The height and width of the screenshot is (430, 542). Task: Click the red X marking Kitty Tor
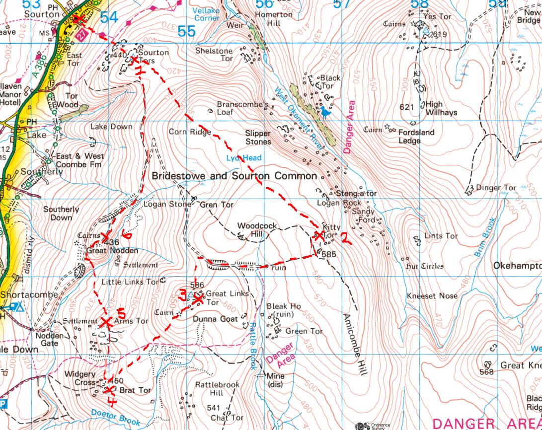coord(318,236)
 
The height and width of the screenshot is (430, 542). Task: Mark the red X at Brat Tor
coord(109,389)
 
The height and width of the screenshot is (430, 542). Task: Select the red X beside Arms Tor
coord(105,321)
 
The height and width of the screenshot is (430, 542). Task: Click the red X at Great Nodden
coord(105,239)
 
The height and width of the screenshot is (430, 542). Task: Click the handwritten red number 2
coord(346,239)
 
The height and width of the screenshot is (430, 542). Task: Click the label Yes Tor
coord(438,16)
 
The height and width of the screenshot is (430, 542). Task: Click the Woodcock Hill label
coord(256,229)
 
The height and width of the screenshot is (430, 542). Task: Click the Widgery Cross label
coord(79,378)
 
